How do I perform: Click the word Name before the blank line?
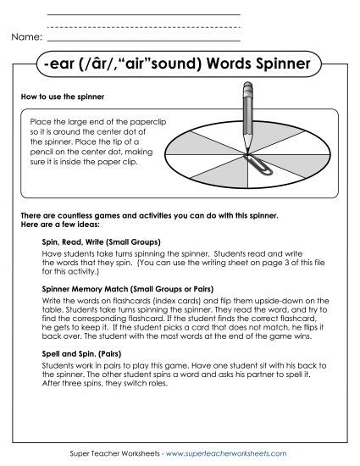tap(26, 38)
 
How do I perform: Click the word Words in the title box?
tap(224, 64)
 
